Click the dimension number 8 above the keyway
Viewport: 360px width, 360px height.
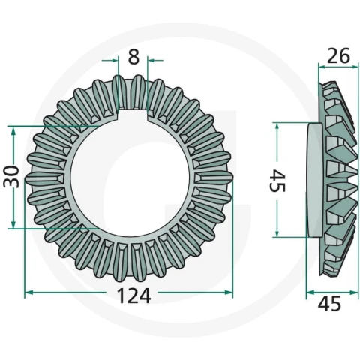coord(133,57)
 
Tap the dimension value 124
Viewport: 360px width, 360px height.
coord(133,295)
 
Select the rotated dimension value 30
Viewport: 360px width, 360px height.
coord(11,177)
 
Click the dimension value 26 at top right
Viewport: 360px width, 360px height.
coord(338,55)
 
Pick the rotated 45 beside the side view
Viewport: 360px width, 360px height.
coord(277,181)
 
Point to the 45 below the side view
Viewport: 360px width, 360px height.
coord(329,304)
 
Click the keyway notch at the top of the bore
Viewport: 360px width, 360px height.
coord(133,115)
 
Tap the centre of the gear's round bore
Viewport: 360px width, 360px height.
coord(130,177)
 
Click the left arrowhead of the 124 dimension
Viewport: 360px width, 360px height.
coord(29,292)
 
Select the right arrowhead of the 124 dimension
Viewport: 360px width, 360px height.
coord(229,292)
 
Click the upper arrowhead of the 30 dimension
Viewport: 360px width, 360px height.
coord(13,130)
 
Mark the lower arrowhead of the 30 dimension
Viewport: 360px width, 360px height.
coord(13,224)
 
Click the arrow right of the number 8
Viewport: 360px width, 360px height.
coord(155,60)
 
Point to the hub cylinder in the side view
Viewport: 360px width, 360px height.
coord(313,180)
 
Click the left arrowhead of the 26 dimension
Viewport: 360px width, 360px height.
coord(322,67)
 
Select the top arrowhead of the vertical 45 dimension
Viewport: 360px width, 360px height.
coord(277,127)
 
